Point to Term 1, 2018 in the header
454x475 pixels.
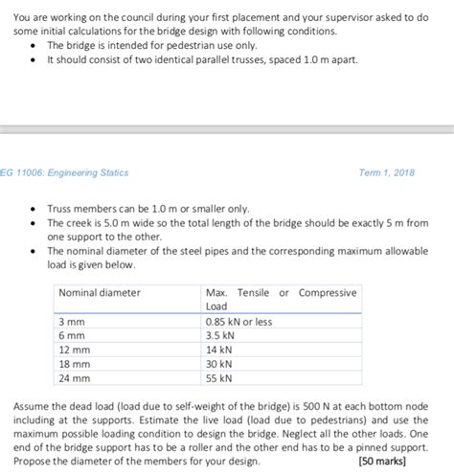pos(390,172)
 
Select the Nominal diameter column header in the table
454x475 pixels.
pos(100,292)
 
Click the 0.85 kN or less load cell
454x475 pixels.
pos(238,322)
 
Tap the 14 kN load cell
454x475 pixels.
pos(219,351)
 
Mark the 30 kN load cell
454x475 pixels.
pos(219,365)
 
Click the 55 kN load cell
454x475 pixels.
pos(219,379)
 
